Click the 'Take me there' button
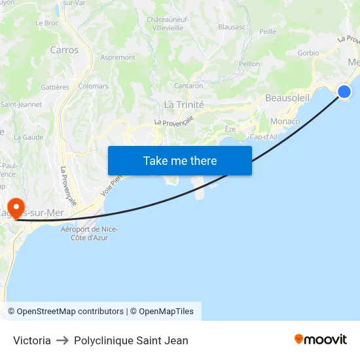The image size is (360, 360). [180, 160]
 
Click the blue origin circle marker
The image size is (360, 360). [344, 92]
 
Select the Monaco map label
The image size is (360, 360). [285, 121]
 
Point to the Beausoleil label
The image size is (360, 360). [287, 98]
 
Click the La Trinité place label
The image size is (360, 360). [184, 105]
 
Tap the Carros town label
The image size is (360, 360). [64, 50]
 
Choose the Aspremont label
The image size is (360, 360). [118, 58]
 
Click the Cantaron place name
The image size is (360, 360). [188, 86]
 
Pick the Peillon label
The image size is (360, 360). [249, 63]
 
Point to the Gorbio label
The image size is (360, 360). [308, 53]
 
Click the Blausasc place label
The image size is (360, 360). [232, 27]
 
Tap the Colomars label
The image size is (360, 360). [93, 86]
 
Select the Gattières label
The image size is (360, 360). [55, 87]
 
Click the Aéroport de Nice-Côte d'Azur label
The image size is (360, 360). [89, 233]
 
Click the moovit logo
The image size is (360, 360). [321, 339]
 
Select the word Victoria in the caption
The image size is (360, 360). [32, 340]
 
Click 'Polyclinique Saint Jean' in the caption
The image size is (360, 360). [131, 340]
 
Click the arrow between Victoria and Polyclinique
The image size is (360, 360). [62, 340]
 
